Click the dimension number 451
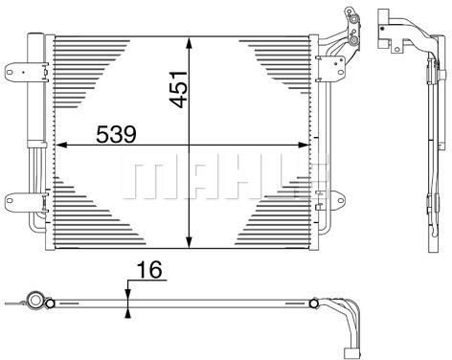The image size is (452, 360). click(x=178, y=89)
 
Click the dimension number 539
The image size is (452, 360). click(x=116, y=134)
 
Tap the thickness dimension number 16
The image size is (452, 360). click(x=149, y=270)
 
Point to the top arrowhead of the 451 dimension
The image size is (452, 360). click(x=190, y=43)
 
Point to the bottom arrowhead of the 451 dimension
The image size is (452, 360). click(x=190, y=242)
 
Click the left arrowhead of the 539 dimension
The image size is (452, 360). click(x=61, y=146)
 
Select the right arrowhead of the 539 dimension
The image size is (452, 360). click(x=304, y=146)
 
